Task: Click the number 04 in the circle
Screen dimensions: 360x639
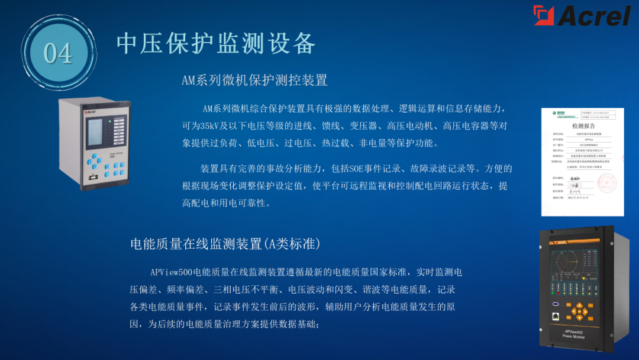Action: [57, 53]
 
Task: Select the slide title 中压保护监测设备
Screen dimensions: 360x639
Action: [216, 43]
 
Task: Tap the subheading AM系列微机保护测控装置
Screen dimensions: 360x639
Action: [254, 80]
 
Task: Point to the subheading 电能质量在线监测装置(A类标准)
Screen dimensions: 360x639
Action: [225, 243]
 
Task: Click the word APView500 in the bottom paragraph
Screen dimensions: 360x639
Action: [172, 272]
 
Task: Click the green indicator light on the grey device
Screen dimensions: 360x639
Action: [109, 121]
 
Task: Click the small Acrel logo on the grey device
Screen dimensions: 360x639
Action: [90, 111]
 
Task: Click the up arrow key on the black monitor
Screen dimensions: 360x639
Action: [579, 306]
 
